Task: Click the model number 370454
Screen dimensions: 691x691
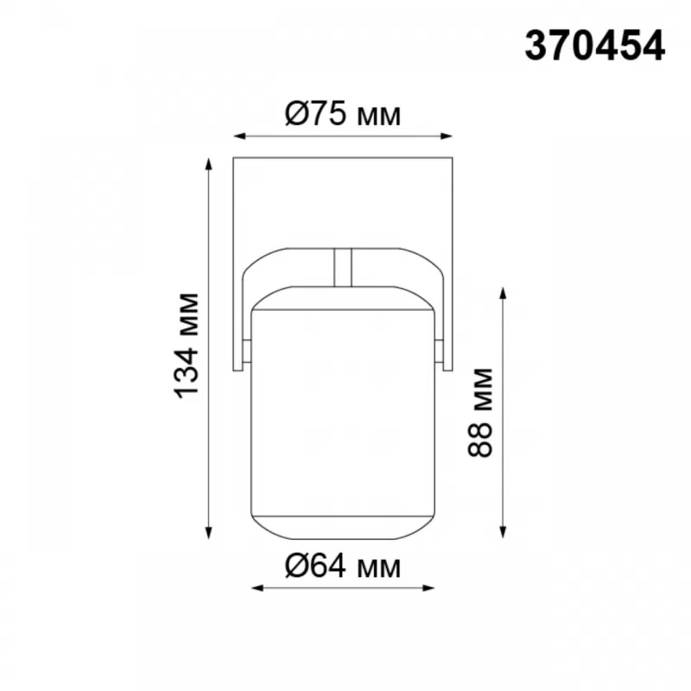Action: pos(594,46)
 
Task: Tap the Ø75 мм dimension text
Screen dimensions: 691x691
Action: pos(343,114)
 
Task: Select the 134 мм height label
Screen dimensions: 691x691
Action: pos(187,345)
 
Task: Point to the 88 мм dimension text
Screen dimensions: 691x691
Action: pos(479,412)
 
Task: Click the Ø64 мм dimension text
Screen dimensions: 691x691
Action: pos(343,566)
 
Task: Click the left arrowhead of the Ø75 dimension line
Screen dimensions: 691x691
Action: pos(239,136)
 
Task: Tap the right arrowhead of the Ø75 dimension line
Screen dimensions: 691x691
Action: pos(447,136)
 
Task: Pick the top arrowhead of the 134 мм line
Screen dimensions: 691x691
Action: pos(209,163)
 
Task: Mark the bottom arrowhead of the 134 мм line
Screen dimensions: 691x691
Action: pos(209,533)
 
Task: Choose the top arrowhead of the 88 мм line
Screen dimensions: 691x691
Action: pos(503,293)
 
